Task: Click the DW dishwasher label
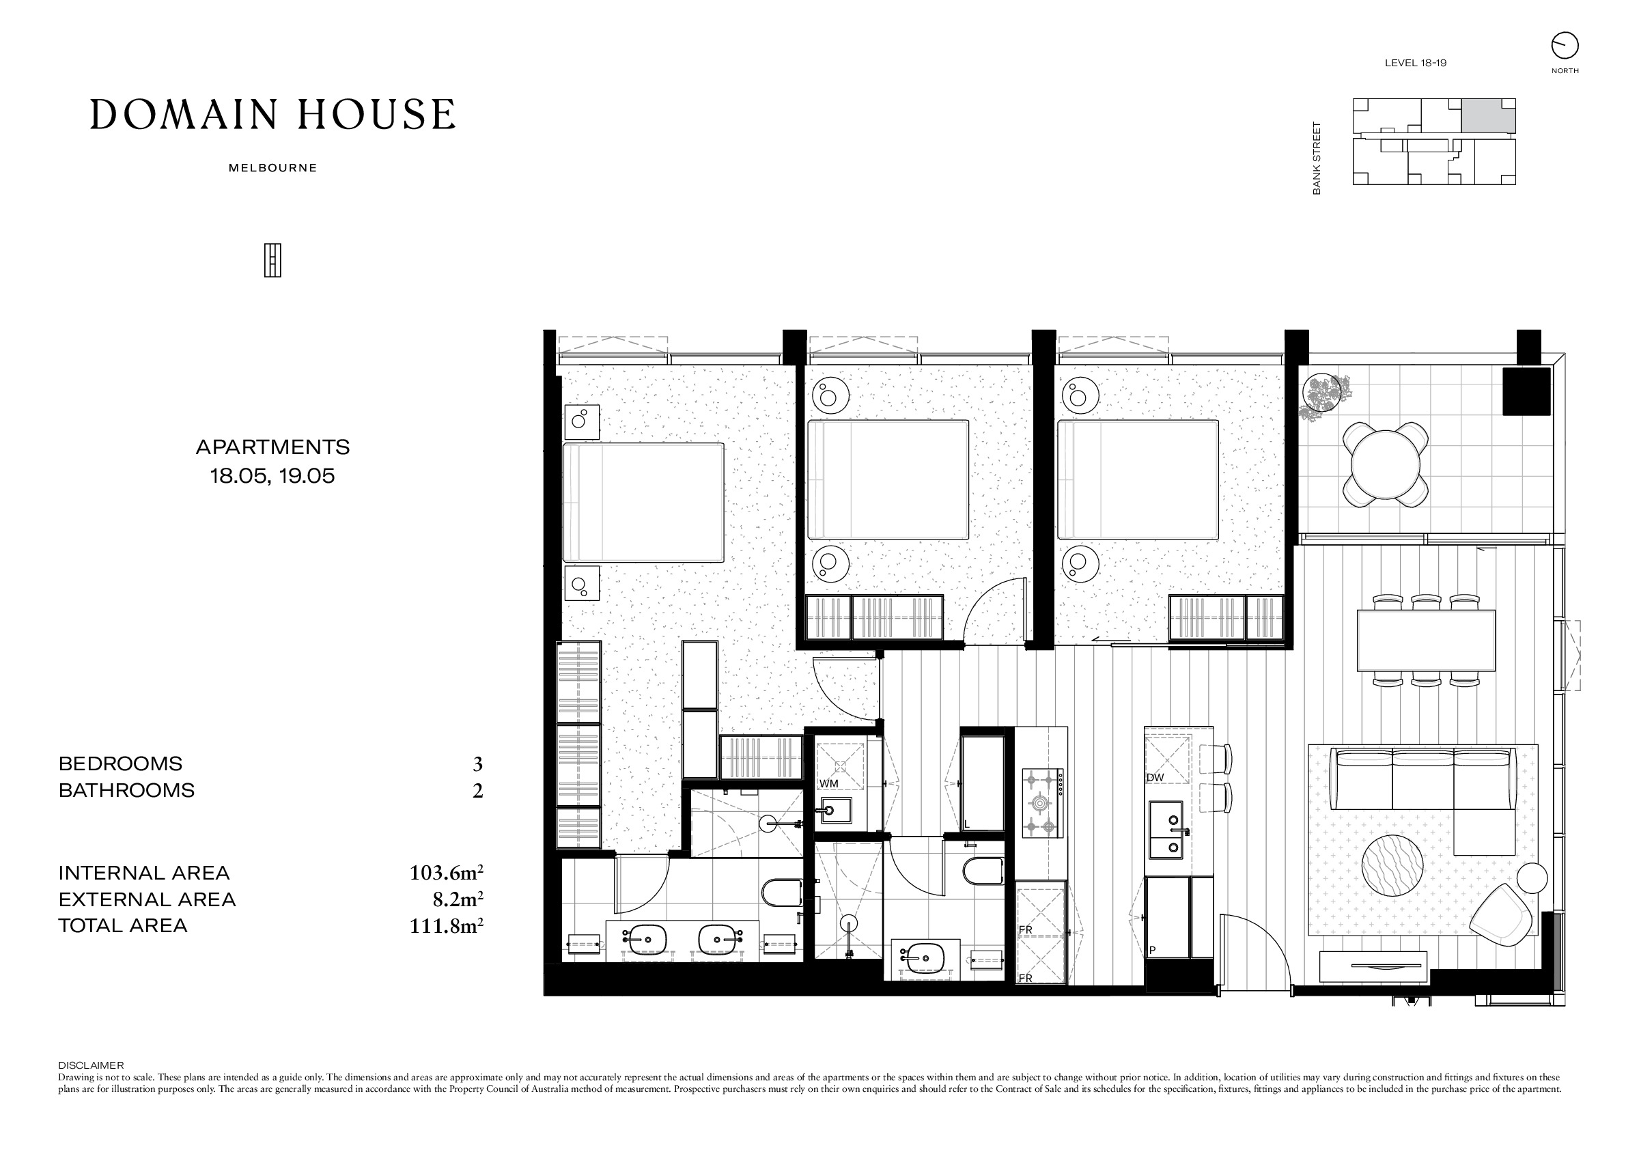pyautogui.click(x=1155, y=778)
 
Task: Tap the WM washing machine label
pyautogui.click(x=828, y=784)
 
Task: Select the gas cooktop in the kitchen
pyautogui.click(x=1042, y=803)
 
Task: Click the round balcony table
pyautogui.click(x=1385, y=466)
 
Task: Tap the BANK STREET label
pyautogui.click(x=1317, y=158)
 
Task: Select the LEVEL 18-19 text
pyautogui.click(x=1416, y=63)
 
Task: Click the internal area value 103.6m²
pyautogui.click(x=446, y=873)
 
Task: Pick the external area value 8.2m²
pyautogui.click(x=458, y=899)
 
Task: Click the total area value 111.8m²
pyautogui.click(x=446, y=925)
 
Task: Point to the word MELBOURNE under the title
pyautogui.click(x=272, y=169)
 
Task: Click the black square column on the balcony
pyautogui.click(x=1527, y=391)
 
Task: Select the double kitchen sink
pyautogui.click(x=1166, y=829)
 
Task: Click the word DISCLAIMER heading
pyautogui.click(x=91, y=1065)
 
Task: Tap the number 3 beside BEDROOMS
pyautogui.click(x=478, y=764)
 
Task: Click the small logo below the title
pyautogui.click(x=272, y=261)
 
